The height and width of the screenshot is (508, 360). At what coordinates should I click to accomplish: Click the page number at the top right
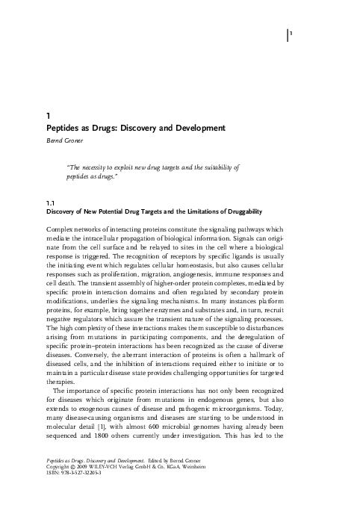point(291,34)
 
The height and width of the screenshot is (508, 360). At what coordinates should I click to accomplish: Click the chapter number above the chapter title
point(48,116)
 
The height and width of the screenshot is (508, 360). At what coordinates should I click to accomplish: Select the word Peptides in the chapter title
point(65,128)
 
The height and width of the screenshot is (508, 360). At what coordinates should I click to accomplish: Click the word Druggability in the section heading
point(242,212)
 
